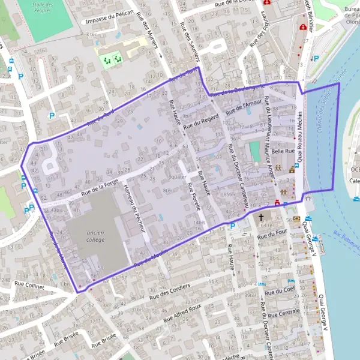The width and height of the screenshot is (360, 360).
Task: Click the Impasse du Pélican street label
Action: (x=109, y=19)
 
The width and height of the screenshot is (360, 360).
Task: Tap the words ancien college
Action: (x=95, y=236)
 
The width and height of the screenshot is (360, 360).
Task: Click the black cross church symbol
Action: (x=261, y=217)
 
